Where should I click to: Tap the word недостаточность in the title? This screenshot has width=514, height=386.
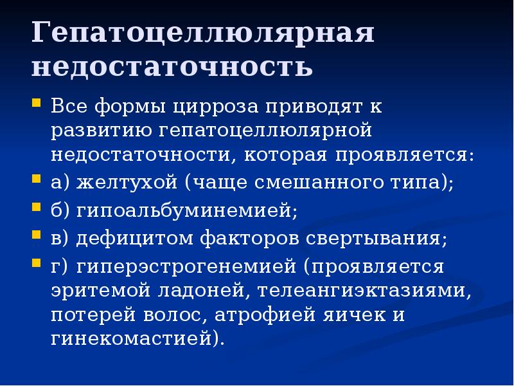pos(172,66)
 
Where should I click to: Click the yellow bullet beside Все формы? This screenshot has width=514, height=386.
pos(37,102)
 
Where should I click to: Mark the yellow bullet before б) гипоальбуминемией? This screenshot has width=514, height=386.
pos(37,209)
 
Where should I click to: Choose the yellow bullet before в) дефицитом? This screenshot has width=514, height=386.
pos(37,236)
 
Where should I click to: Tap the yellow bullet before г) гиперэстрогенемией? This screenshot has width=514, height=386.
pos(37,263)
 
